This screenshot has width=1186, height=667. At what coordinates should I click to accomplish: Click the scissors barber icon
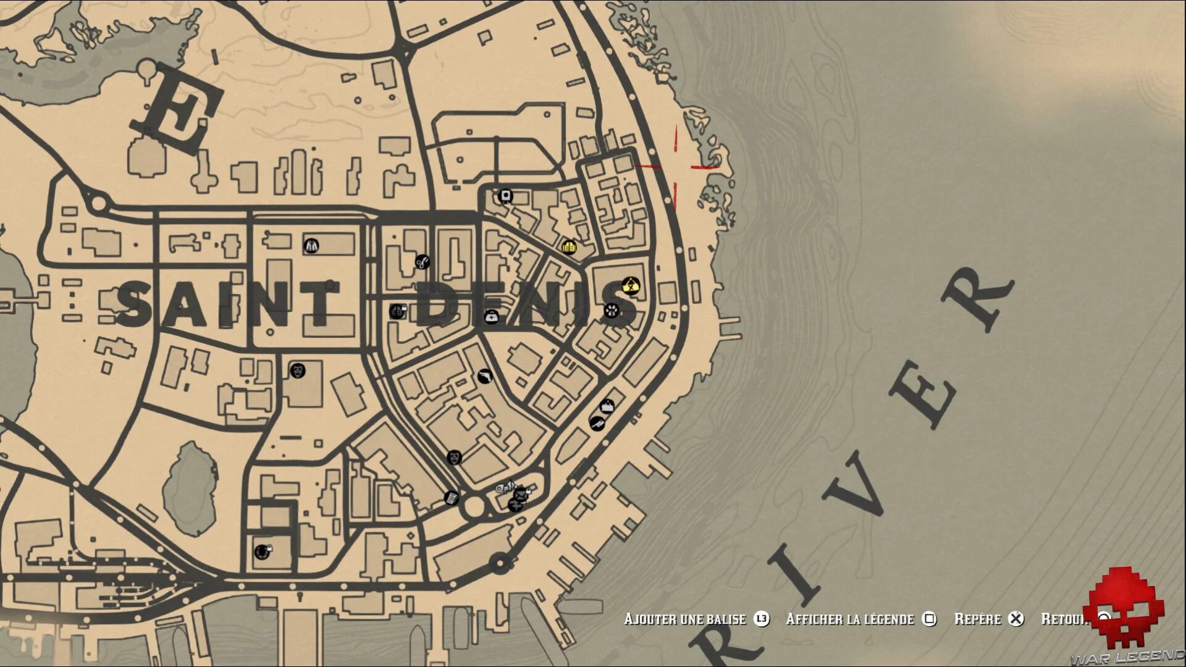422,262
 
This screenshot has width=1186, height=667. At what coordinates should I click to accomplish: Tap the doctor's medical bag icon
491,317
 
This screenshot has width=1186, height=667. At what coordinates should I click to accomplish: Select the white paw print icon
611,309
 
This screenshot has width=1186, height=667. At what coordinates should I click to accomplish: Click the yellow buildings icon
569,246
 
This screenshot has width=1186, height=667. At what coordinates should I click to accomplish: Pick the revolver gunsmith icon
485,375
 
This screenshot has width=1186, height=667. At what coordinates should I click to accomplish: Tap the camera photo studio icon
506,196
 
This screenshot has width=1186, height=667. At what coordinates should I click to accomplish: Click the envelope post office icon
521,493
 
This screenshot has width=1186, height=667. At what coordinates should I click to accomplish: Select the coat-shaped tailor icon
311,246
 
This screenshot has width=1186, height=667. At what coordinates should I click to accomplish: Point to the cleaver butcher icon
596,423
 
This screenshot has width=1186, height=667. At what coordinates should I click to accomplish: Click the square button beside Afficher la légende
929,619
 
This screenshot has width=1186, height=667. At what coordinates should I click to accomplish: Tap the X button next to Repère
1016,619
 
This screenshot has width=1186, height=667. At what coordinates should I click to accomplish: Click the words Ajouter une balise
684,619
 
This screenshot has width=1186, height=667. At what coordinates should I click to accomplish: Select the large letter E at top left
177,111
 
